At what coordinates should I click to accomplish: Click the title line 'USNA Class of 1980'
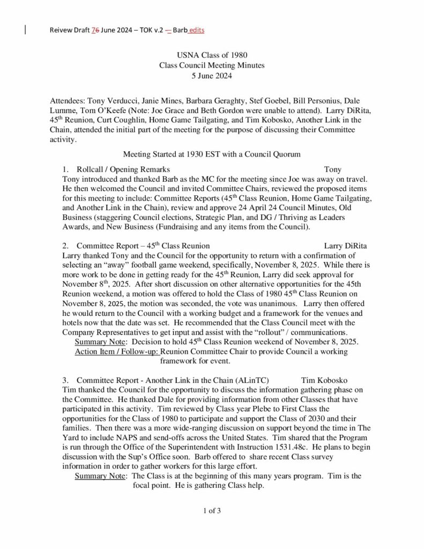pos(212,55)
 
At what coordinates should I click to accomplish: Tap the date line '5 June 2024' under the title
pos(212,76)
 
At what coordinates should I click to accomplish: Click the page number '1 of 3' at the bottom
pos(212,510)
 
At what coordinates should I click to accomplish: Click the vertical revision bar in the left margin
pos(26,30)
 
